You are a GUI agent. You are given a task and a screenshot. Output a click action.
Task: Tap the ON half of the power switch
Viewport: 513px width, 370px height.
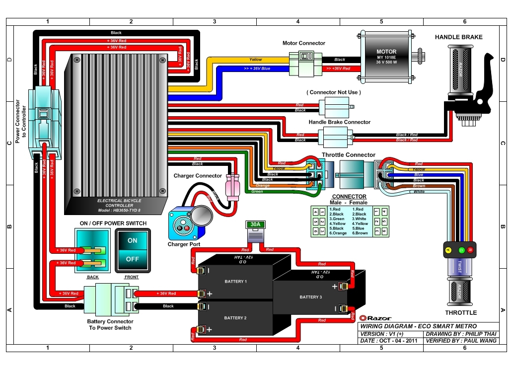[x=132, y=240]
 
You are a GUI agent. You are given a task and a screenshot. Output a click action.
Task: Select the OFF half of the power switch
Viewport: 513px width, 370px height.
[x=132, y=259]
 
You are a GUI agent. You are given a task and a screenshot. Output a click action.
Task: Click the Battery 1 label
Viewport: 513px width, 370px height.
[x=235, y=282]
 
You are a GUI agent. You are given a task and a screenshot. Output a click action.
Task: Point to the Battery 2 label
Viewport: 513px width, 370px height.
[x=235, y=318]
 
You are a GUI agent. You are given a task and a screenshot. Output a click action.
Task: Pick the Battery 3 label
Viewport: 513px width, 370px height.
[x=310, y=297]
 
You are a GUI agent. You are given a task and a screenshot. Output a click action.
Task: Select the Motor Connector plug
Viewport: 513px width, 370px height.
[x=303, y=63]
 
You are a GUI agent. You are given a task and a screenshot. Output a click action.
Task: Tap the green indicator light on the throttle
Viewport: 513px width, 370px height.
[x=461, y=250]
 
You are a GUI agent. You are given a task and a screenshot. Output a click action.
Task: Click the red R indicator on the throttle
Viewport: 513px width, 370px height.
[x=470, y=250]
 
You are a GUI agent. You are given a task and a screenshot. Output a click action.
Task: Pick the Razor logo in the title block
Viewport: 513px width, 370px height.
[x=376, y=318]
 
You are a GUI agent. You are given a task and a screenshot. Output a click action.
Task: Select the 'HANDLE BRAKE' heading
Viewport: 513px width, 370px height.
[x=458, y=37]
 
